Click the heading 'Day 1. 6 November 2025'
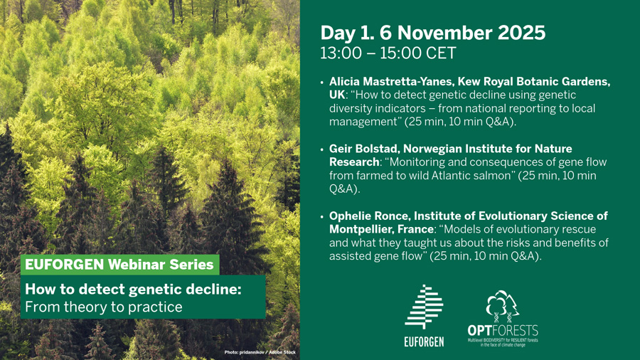click(432, 33)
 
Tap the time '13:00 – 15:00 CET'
click(388, 53)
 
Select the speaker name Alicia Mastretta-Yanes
click(390, 82)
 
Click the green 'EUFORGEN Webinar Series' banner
click(119, 265)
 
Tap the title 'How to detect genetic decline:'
click(133, 289)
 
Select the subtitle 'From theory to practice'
click(104, 307)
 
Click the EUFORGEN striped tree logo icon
click(424, 307)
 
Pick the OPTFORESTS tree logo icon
click(503, 306)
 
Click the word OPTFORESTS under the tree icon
click(503, 330)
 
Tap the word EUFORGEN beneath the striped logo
click(424, 342)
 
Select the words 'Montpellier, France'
click(381, 229)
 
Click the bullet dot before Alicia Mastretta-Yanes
click(322, 83)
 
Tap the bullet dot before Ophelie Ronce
click(322, 217)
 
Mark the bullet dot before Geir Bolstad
click(322, 150)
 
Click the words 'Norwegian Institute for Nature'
click(488, 149)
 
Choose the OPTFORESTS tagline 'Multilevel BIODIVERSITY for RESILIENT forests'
click(503, 340)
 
